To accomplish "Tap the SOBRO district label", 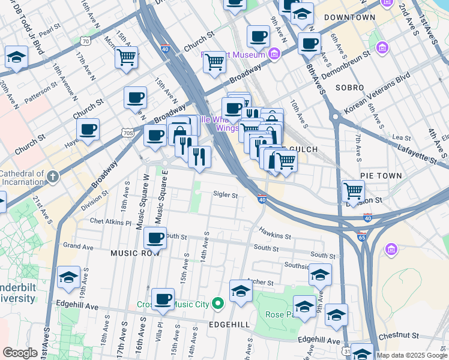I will pos(350,88).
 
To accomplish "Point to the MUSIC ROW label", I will pos(134,253).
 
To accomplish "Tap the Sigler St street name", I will pos(226,195).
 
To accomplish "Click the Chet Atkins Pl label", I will pos(110,222).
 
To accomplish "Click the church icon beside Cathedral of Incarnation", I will pos(53,176).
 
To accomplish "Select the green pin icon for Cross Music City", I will pos(218,305).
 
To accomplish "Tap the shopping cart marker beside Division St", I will pos(353,191).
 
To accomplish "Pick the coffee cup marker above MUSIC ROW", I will pos(155,238).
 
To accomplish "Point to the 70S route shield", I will pos(126,132).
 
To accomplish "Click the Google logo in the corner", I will pos(20,353).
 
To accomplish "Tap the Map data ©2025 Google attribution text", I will pos(412,355).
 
